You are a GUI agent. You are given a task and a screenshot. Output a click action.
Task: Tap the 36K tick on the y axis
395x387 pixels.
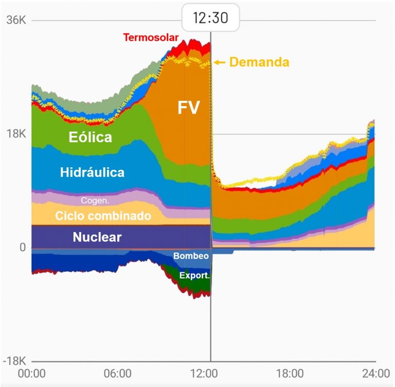pos(14,21)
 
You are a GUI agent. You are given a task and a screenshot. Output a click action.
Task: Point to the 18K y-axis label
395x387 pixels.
pos(14,134)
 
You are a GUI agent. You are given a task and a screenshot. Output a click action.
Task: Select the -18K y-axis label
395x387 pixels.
pos(12,361)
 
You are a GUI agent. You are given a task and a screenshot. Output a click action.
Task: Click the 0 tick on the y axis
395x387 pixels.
pos(22,248)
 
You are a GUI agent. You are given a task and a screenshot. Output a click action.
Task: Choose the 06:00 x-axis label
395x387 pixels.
pos(117,374)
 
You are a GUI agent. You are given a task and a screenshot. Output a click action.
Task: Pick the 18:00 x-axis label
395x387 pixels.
pos(289,374)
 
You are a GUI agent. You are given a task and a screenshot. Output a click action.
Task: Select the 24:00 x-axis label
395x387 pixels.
pos(374,374)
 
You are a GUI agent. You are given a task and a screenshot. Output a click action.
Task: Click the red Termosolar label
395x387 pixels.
pos(151,38)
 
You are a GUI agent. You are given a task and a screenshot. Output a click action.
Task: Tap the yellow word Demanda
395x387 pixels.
pos(259,62)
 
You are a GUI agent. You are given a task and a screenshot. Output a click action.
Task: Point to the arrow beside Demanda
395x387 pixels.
pos(220,62)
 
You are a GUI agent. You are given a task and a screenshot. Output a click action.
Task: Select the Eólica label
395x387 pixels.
pos(90,137)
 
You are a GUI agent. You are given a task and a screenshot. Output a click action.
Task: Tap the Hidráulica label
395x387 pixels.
pos(92,172)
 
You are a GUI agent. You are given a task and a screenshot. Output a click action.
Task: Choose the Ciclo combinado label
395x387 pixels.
pos(103,216)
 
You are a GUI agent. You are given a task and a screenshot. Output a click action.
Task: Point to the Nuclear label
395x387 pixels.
pos(97,237)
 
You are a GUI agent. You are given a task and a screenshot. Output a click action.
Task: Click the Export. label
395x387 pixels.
pos(194,276)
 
